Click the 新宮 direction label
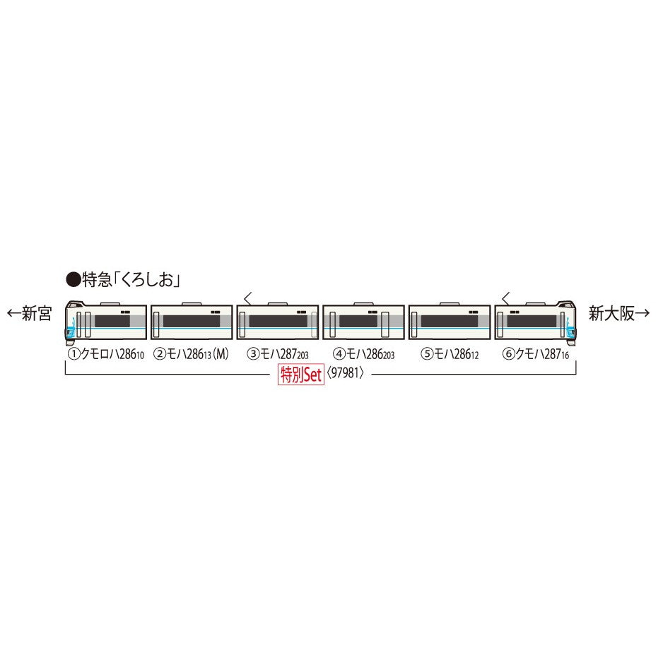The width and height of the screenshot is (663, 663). pos(37,313)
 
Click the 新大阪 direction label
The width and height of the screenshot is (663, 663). pos(611,313)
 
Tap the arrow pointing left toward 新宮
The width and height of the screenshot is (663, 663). pos(13,313)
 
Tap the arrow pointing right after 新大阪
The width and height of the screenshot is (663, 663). pos(643,313)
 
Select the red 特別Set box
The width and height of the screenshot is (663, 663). pos(300,374)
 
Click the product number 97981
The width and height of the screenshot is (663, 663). pos(345,373)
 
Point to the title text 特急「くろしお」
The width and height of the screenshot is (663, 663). pos(131,280)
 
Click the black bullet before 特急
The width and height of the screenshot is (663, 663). pos(73,280)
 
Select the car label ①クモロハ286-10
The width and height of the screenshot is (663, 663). pos(106,354)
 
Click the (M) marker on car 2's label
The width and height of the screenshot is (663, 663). pos(221,354)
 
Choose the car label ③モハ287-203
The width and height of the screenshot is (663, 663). pos(278,354)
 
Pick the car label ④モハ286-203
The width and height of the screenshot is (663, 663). pos(363,354)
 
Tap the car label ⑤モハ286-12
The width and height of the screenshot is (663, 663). pos(450,354)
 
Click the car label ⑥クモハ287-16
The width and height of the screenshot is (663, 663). pos(536,354)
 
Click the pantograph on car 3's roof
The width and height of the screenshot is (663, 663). pos(248,298)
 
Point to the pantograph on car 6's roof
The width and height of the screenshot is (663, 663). pos(505,298)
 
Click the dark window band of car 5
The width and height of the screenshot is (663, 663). pos(449,322)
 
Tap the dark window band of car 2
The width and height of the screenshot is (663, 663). pos(192,322)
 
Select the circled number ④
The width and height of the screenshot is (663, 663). pos(339,354)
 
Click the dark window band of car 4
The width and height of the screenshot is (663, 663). pos(358,322)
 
